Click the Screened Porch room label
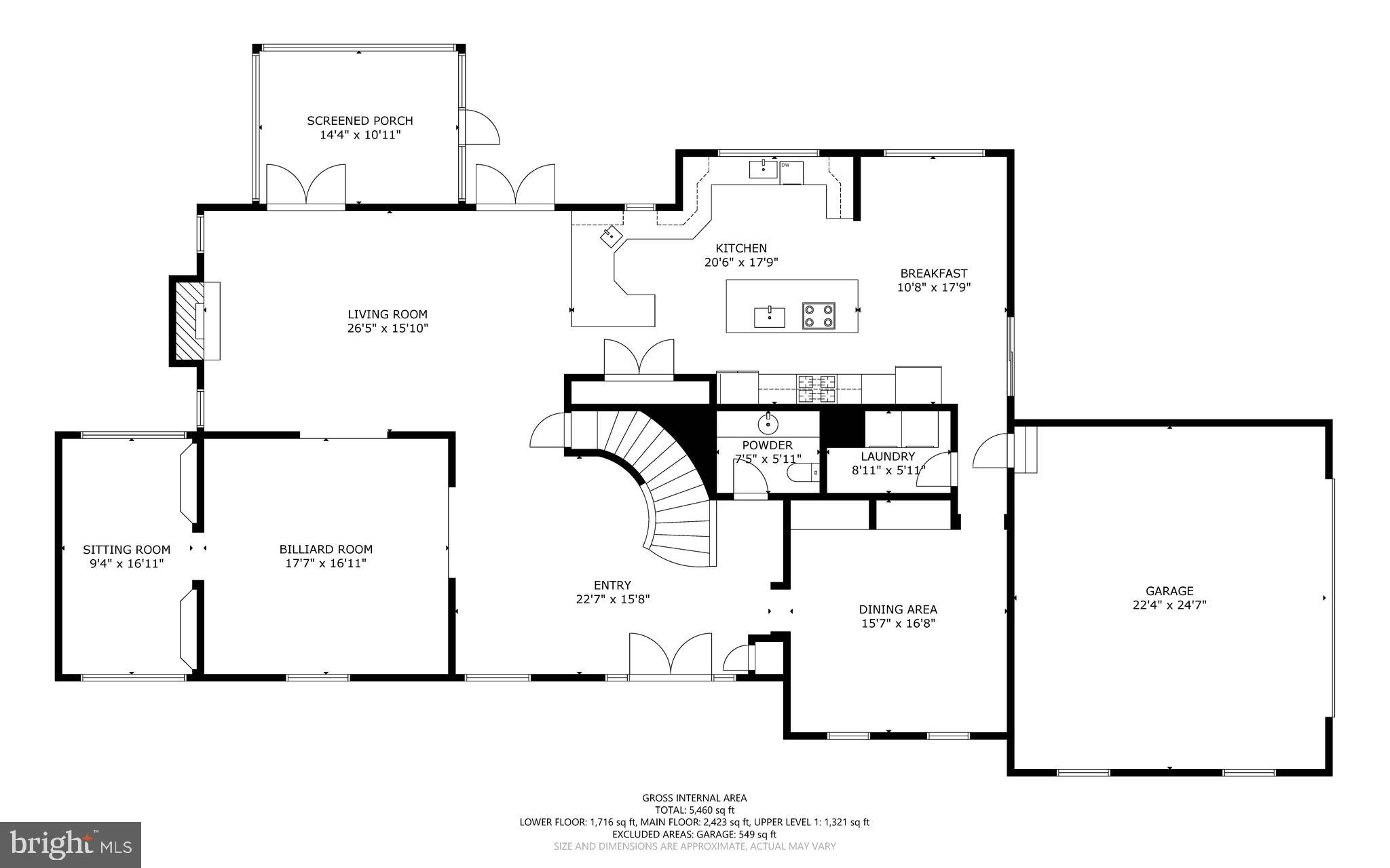[x=360, y=121]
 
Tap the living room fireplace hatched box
[x=187, y=321]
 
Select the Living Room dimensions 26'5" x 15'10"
[x=388, y=328]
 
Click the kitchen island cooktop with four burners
[x=819, y=316]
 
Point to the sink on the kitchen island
[x=770, y=316]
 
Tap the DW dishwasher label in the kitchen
[x=785, y=165]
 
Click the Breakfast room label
[x=933, y=273]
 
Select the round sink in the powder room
[x=768, y=425]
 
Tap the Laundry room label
[x=888, y=457]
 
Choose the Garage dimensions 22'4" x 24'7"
[x=1169, y=605]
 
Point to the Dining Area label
[x=897, y=609]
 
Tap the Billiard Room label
[x=326, y=549]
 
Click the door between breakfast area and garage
[x=991, y=453]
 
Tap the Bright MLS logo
[x=71, y=844]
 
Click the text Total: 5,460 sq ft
[x=694, y=810]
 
